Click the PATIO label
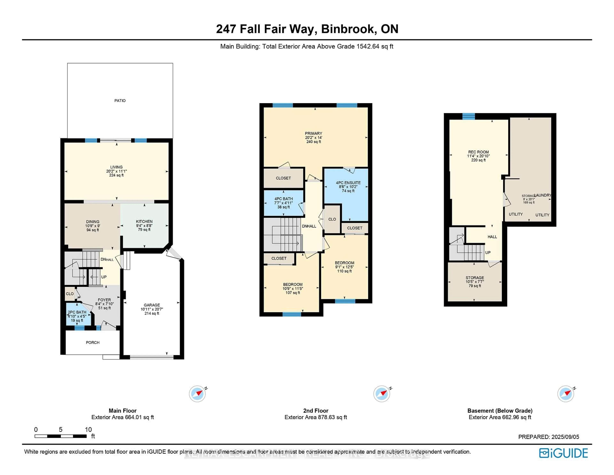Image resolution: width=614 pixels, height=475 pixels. (120, 101)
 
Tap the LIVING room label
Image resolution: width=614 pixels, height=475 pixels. (116, 167)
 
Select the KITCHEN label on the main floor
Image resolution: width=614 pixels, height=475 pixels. (144, 221)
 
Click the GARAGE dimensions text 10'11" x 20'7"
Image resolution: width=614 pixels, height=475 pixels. (152, 309)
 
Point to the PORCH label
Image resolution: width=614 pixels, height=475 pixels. (92, 342)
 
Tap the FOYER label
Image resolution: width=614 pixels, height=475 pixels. (104, 300)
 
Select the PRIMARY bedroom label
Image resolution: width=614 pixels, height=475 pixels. (313, 133)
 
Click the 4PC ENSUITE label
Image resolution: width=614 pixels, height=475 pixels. (348, 183)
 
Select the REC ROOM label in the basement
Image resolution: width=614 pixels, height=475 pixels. (478, 152)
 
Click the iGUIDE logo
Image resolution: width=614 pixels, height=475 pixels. (563, 453)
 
